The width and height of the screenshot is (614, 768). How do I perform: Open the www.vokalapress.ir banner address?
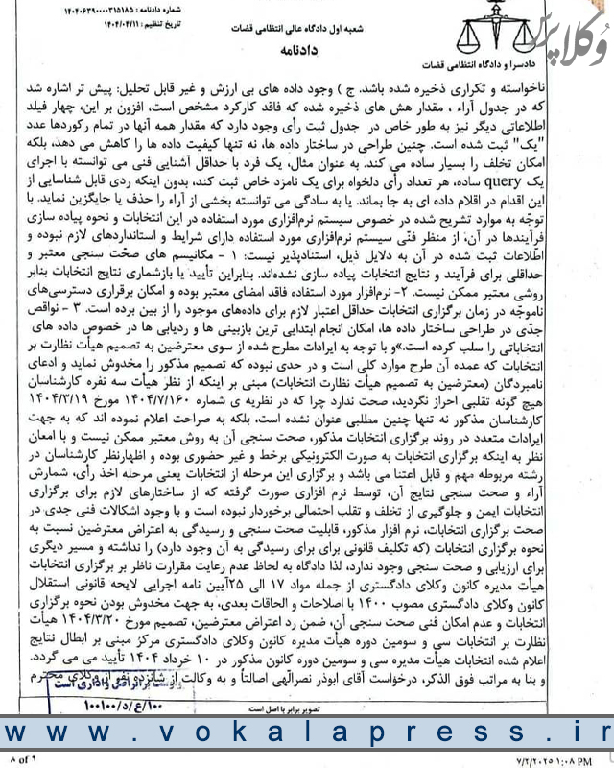tap(307, 734)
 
